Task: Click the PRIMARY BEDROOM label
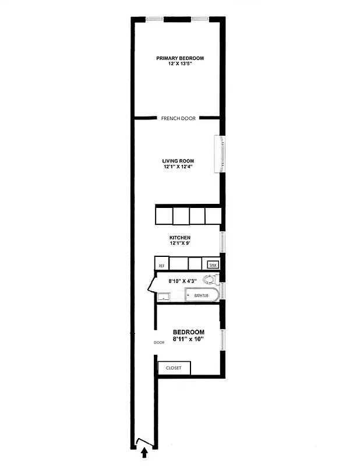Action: click(x=180, y=58)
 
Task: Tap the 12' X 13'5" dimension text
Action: click(x=180, y=65)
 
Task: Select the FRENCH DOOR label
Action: click(x=178, y=118)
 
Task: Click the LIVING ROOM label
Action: click(x=178, y=161)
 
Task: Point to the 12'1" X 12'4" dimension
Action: click(x=178, y=167)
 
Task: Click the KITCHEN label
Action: click(x=180, y=238)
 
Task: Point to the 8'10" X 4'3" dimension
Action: click(x=182, y=281)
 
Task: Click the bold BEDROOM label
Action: click(x=188, y=332)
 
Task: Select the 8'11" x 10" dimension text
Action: click(x=188, y=339)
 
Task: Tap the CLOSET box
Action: click(x=174, y=368)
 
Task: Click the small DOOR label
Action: click(x=160, y=343)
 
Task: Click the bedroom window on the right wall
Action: click(x=222, y=340)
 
